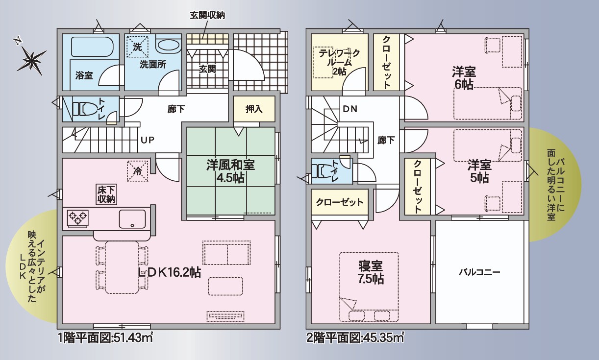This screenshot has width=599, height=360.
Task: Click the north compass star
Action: coord(31,60)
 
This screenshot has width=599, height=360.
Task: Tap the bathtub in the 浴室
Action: coord(91,47)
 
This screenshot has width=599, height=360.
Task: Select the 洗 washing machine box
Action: coord(137,47)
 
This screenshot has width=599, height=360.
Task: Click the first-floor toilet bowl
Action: coord(85,109)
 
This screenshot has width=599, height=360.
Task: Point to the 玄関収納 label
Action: coord(207,15)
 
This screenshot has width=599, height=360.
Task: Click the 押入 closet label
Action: coord(254,109)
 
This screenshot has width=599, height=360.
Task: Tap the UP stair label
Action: coord(148,140)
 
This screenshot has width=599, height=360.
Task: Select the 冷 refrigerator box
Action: coord(137,171)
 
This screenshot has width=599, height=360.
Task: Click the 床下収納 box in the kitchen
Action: coord(106,194)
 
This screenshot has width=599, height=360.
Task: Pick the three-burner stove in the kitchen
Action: coord(78,219)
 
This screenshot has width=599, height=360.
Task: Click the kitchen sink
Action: coord(132,219)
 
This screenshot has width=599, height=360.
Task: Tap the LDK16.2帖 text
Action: coord(169,272)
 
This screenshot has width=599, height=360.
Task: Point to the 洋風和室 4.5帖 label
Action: coord(230,171)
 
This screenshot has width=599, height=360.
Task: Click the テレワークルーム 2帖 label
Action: coord(339,62)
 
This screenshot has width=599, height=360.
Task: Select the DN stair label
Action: coord(350,109)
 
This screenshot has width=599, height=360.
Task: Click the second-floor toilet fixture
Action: coord(324,171)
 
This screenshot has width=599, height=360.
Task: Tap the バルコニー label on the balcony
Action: coord(479,272)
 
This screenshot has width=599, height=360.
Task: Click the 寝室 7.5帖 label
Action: coord(371,272)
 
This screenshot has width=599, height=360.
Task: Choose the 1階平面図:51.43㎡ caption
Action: coord(105,338)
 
